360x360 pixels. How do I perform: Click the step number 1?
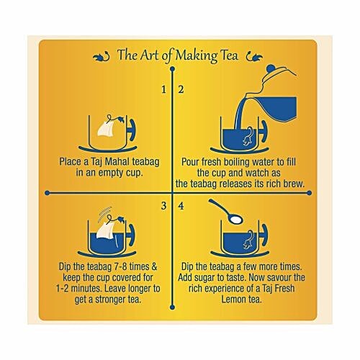pyautogui.click(x=163, y=90)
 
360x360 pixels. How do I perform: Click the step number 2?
pyautogui.click(x=181, y=90)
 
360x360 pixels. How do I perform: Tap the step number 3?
pyautogui.click(x=163, y=207)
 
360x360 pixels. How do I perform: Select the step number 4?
pyautogui.click(x=181, y=207)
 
